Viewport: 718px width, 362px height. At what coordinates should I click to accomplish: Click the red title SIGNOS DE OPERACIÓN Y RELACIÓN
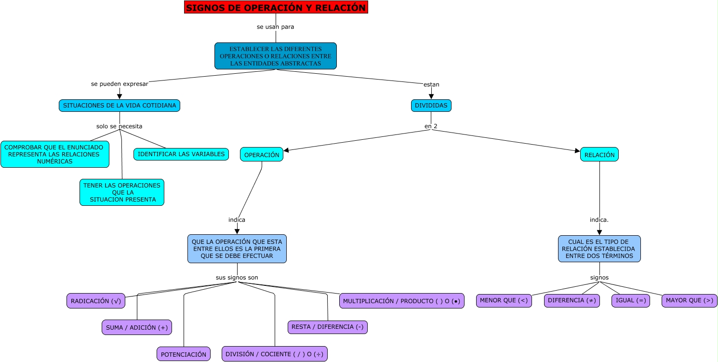(x=276, y=7)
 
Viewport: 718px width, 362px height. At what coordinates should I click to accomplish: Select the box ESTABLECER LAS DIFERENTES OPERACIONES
(x=275, y=56)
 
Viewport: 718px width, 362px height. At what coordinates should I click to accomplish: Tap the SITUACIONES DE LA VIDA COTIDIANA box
(x=120, y=106)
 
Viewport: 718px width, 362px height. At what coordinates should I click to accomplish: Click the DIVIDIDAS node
(x=431, y=106)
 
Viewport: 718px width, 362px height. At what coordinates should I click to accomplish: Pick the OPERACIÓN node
(x=262, y=155)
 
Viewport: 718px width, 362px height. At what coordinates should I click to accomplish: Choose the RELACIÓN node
(x=599, y=155)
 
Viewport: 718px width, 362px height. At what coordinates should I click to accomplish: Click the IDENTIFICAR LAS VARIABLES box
(x=181, y=154)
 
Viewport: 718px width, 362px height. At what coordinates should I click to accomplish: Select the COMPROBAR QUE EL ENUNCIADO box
(x=54, y=154)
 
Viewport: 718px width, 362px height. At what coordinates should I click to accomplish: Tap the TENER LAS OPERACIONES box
(x=121, y=192)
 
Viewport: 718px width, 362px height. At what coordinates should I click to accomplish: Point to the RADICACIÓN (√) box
(x=96, y=301)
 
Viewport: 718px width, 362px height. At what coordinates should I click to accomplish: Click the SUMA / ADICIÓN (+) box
(x=137, y=327)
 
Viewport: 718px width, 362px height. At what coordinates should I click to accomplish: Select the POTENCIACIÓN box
(x=183, y=354)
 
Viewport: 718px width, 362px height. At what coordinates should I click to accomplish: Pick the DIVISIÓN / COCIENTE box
(x=275, y=354)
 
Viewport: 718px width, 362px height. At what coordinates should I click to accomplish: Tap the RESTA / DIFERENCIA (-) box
(x=328, y=327)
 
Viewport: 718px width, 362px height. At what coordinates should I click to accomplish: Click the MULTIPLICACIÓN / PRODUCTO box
(x=401, y=301)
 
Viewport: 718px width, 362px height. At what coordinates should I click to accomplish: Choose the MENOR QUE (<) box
(x=504, y=300)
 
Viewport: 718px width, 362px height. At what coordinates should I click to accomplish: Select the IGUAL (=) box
(x=630, y=300)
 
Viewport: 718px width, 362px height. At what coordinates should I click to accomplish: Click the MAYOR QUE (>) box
(x=689, y=300)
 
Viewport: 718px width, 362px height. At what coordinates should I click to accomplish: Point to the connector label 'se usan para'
(x=275, y=27)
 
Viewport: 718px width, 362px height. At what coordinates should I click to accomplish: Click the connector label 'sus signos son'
(x=237, y=278)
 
